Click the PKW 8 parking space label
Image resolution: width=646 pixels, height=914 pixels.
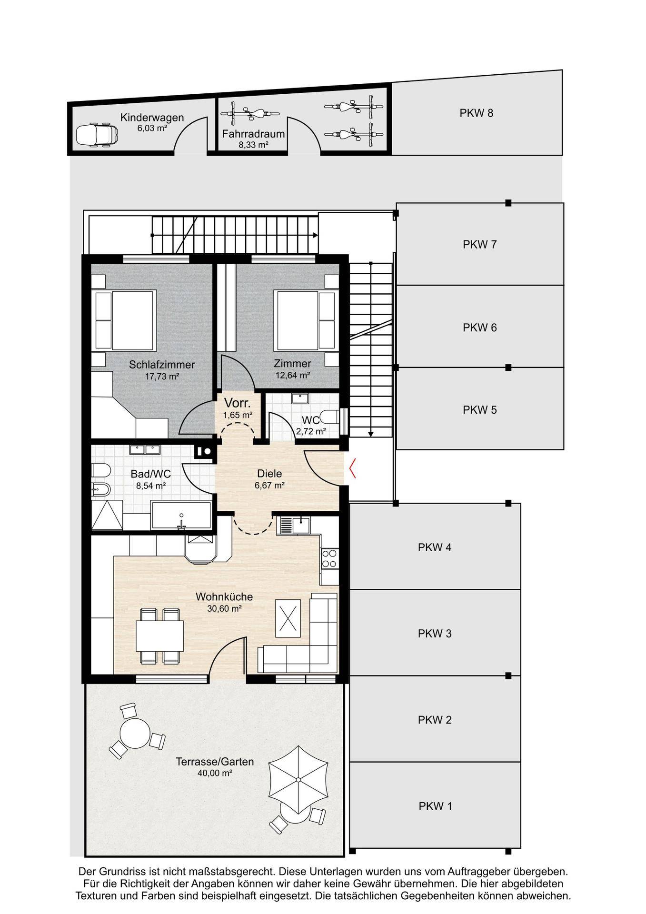(x=476, y=113)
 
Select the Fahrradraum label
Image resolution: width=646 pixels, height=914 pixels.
(x=253, y=134)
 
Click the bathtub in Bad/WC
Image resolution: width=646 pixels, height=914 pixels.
(x=181, y=515)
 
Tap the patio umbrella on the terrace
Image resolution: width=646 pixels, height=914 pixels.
(x=298, y=779)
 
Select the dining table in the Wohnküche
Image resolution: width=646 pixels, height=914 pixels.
(x=159, y=636)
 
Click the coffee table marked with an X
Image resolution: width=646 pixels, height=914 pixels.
(x=288, y=618)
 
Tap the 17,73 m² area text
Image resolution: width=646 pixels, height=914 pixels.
(x=162, y=377)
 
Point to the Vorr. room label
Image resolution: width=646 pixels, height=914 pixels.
(x=238, y=403)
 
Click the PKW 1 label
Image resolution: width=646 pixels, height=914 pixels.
(x=435, y=806)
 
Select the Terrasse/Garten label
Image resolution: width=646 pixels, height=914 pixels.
(x=215, y=762)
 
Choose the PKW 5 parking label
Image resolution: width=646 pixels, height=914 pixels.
(x=479, y=410)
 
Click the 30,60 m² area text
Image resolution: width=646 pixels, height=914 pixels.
(x=224, y=608)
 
